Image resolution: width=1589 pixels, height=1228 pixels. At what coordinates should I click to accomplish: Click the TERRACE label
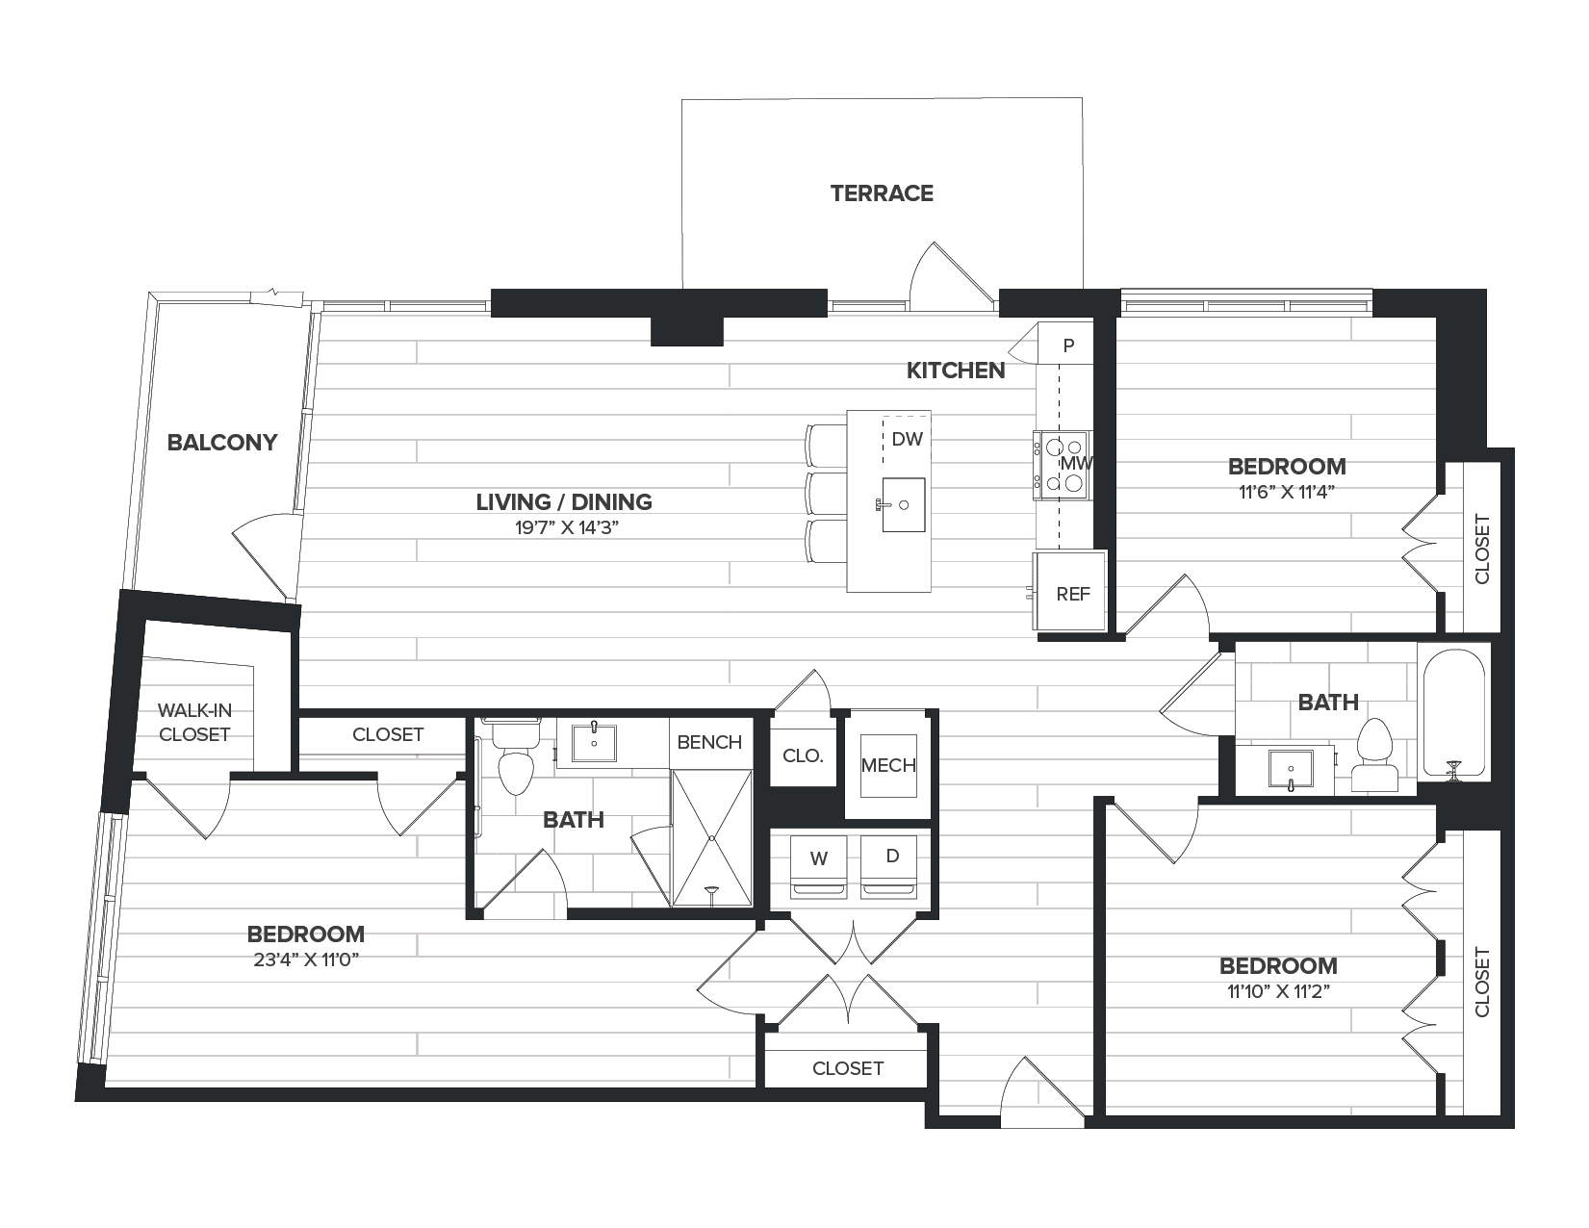coord(882,193)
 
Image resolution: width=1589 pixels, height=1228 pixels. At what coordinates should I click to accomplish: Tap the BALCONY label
coord(222,443)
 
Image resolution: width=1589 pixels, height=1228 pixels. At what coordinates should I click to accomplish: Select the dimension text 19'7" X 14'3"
coord(567,527)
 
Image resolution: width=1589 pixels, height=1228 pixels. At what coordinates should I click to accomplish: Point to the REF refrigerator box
coord(1070,591)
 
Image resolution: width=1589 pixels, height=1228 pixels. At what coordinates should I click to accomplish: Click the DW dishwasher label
coord(908,439)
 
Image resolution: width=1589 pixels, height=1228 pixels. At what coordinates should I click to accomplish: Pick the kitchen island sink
coord(904,504)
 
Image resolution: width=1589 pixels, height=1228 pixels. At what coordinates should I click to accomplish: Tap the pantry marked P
coord(1067,345)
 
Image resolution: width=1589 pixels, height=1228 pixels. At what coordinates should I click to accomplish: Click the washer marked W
coord(818,867)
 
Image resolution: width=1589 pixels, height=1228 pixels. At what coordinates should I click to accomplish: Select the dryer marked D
coord(889,867)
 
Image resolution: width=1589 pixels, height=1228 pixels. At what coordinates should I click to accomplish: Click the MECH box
coord(888,765)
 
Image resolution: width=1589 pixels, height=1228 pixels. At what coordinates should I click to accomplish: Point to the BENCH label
coord(709,743)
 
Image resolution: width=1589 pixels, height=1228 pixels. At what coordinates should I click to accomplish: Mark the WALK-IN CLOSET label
coord(194,722)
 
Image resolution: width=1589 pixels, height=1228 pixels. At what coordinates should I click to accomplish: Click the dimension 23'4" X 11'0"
coord(306,959)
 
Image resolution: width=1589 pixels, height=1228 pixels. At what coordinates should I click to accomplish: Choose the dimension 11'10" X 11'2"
coord(1278,992)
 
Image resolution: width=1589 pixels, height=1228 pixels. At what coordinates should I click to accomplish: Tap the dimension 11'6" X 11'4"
coord(1287,492)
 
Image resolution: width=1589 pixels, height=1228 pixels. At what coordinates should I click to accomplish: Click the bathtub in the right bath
coord(1453,713)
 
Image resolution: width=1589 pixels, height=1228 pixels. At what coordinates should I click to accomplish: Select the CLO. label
coord(803,755)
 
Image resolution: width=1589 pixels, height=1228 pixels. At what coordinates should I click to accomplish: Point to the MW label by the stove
coord(1076,464)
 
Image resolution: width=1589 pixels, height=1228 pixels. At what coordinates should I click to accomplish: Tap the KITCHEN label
coord(956,371)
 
